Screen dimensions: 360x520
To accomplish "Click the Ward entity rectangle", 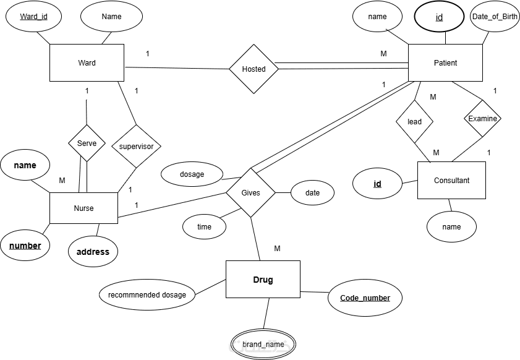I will pos(87,62).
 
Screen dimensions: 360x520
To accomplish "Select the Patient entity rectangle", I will pos(445,62).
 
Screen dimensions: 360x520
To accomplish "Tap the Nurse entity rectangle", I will pos(83,208).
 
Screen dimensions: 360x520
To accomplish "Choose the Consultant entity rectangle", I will pos(451,180).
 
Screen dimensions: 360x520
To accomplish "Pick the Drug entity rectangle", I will pos(263,280).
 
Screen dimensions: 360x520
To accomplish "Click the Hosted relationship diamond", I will pos(254,69).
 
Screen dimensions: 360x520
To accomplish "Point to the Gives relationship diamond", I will pos(250,192).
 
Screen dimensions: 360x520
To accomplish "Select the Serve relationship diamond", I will pos(87,143).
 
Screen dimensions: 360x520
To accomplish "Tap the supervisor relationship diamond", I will pos(136,147).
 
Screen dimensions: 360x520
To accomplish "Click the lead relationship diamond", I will pos(414,121).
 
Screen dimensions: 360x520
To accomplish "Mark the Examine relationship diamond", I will pos(482,118).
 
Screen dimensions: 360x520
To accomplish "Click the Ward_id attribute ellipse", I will pos(33,17).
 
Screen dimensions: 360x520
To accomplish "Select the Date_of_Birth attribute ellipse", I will pos(495,17).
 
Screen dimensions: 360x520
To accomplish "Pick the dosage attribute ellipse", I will pos(192,174).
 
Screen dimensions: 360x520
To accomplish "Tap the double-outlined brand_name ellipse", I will pos(263,345).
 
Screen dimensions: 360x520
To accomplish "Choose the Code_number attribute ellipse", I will pos(365,298).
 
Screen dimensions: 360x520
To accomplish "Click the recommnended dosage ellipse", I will pos(147,294).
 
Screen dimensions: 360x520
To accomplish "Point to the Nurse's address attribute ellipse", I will pos(93,252).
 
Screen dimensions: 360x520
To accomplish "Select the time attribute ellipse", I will pos(204,227).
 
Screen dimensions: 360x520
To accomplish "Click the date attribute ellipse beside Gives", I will pos(312,192).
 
